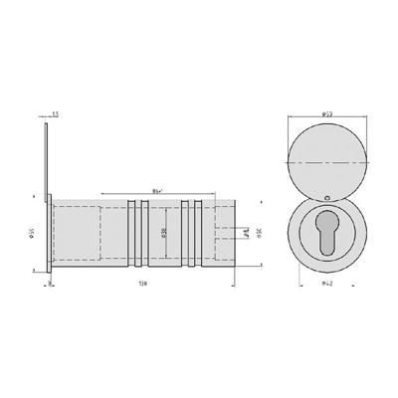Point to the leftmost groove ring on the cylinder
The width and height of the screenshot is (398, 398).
tap(131, 234)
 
